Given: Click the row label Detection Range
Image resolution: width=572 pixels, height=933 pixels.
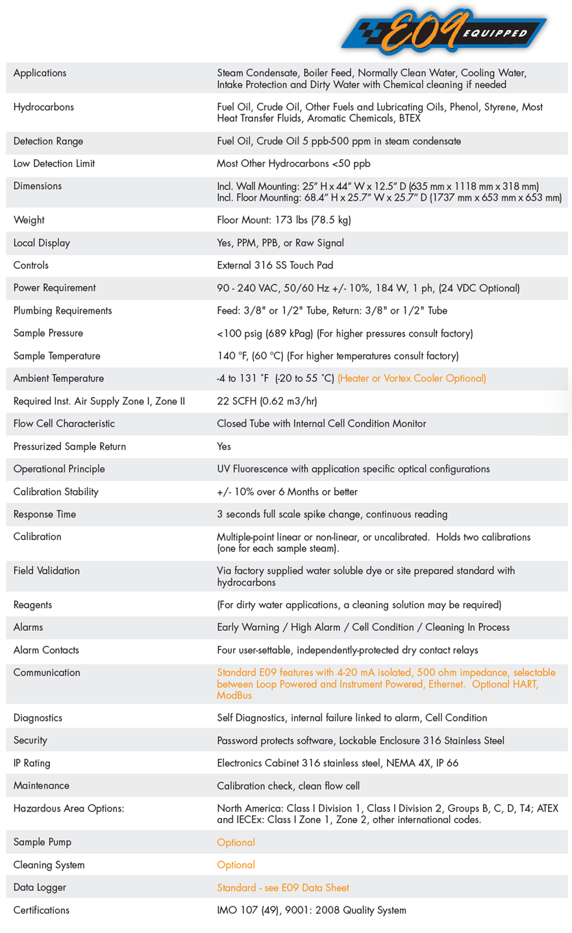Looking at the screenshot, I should (x=48, y=141).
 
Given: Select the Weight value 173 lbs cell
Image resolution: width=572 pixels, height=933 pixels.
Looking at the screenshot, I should (x=284, y=220).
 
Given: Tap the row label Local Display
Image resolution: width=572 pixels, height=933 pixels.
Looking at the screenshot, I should (x=42, y=243).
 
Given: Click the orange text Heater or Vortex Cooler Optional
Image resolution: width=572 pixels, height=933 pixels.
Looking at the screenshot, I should (x=412, y=379).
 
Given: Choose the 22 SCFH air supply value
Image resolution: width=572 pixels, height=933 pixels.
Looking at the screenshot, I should (x=267, y=402).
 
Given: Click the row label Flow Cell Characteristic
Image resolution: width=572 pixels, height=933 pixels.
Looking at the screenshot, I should (x=64, y=424).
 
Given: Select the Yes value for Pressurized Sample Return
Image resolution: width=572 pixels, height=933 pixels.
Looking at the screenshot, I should (x=224, y=446).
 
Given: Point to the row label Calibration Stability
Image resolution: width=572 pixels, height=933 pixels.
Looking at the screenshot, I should (x=56, y=492).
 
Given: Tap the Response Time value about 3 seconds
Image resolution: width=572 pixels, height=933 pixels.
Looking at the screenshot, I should (x=332, y=515).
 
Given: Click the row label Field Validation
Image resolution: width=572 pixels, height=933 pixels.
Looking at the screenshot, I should (x=47, y=571).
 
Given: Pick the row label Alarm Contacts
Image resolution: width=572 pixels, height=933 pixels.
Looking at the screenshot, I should (x=46, y=650).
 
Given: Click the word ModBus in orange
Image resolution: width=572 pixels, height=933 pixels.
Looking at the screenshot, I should (x=234, y=696).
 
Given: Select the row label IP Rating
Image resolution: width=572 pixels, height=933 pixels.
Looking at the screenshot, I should (x=32, y=763).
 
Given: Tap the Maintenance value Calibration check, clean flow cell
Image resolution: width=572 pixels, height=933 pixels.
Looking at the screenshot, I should (x=288, y=786).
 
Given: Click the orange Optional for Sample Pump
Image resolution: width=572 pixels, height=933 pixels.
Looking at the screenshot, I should (x=236, y=843).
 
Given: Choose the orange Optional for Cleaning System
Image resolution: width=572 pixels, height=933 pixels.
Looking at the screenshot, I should (x=236, y=865).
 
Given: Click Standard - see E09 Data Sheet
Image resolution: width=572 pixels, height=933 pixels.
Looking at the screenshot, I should (x=283, y=888).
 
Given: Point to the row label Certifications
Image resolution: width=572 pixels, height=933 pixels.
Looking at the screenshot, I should (x=42, y=910).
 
